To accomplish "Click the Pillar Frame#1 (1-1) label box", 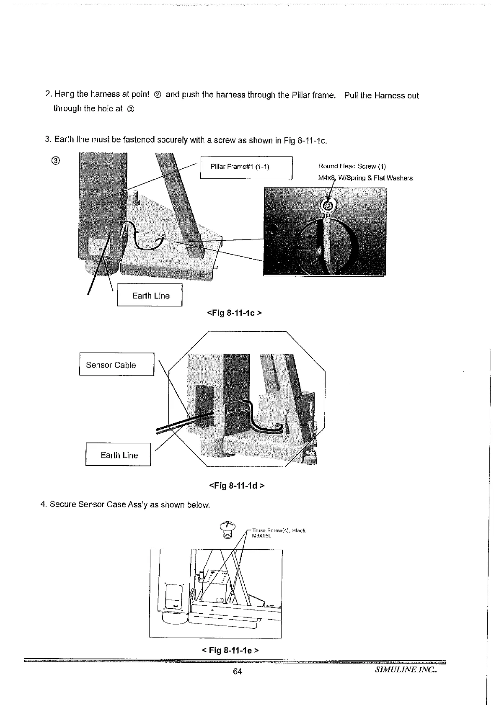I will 246,167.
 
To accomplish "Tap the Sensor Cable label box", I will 116,365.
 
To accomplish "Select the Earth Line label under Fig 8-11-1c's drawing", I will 150,296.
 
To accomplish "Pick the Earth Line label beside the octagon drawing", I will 118,455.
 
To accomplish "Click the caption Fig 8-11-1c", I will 235,313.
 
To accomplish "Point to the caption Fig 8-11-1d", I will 236,486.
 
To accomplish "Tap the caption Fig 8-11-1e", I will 230,650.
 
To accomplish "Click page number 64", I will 237,672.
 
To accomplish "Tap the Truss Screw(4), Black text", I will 279,530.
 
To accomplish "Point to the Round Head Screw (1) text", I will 352,166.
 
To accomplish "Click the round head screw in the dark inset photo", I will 328,205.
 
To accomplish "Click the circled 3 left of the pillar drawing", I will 57,161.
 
